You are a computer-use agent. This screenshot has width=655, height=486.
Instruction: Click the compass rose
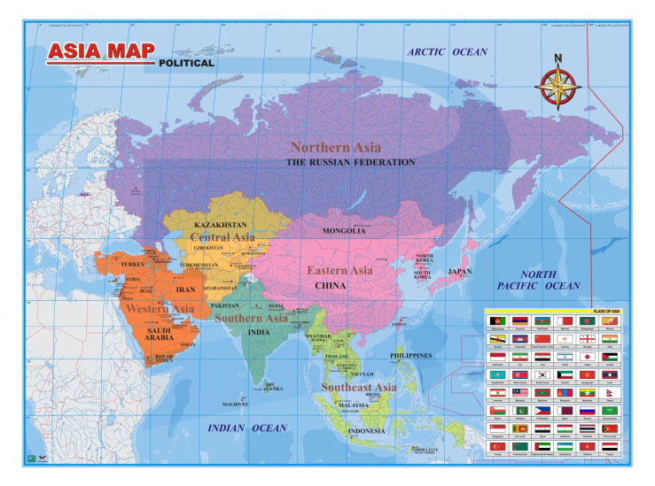(x=558, y=87)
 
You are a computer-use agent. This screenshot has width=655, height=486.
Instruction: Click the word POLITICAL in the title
(x=186, y=63)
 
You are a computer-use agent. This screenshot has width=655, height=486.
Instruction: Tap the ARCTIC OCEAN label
(x=448, y=52)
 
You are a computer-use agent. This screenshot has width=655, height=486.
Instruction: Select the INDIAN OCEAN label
(x=247, y=428)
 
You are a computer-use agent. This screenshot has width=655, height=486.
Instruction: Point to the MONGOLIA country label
(x=344, y=231)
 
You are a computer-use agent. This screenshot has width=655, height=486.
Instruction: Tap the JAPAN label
(x=460, y=272)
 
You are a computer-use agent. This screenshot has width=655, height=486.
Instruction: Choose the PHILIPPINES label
(x=411, y=356)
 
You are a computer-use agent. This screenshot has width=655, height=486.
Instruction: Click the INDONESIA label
(x=366, y=431)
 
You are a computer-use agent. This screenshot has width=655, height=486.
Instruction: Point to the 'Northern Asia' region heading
(x=336, y=148)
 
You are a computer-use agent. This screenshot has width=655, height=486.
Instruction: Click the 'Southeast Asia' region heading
(x=359, y=388)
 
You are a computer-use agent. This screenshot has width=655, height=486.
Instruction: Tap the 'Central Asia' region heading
(x=222, y=237)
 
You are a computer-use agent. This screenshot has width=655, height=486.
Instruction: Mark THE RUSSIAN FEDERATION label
(x=350, y=163)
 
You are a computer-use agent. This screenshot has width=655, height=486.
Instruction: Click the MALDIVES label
(x=235, y=404)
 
